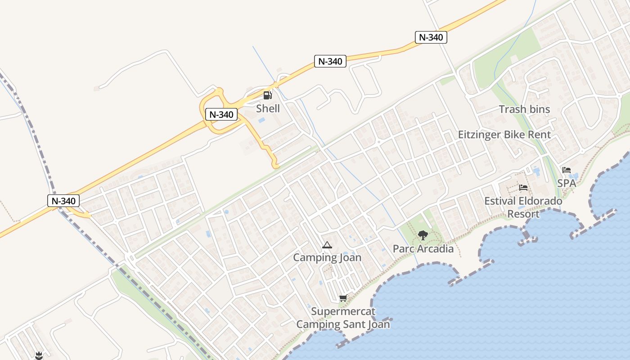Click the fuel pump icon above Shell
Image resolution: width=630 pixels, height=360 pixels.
click(267, 95)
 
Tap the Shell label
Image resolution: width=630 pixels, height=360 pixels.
click(268, 108)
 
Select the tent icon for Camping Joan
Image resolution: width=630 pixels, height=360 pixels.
click(327, 245)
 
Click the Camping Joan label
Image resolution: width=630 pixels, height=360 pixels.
click(327, 257)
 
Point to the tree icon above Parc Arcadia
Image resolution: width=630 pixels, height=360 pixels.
click(423, 235)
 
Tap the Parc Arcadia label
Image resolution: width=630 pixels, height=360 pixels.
click(423, 248)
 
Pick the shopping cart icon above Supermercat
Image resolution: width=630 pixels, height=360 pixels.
click(343, 298)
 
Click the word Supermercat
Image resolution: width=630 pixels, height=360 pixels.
click(343, 311)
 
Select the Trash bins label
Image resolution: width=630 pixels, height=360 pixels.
click(524, 109)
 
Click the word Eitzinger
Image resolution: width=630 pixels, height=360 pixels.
click(479, 135)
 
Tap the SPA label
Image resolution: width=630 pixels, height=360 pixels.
click(567, 183)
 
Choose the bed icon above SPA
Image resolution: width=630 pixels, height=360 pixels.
click(567, 170)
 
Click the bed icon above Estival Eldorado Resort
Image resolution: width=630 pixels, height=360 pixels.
click(523, 188)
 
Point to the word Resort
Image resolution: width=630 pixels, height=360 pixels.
click(523, 214)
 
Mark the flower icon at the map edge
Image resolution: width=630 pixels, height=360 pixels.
click(39, 355)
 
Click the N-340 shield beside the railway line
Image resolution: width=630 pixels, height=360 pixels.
click(63, 201)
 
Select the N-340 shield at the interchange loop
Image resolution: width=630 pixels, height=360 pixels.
click(221, 114)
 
